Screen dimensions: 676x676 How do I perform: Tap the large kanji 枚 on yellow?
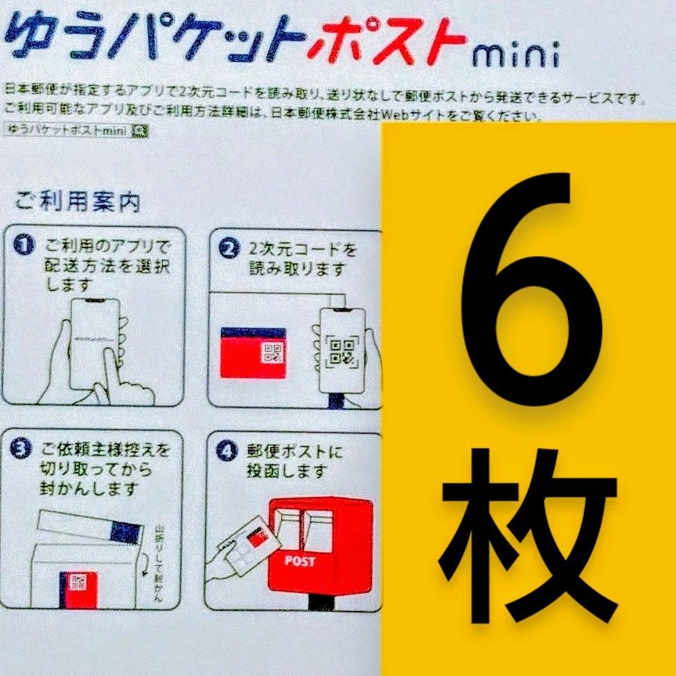pyautogui.click(x=528, y=526)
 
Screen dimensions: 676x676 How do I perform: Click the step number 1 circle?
pyautogui.click(x=26, y=246)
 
